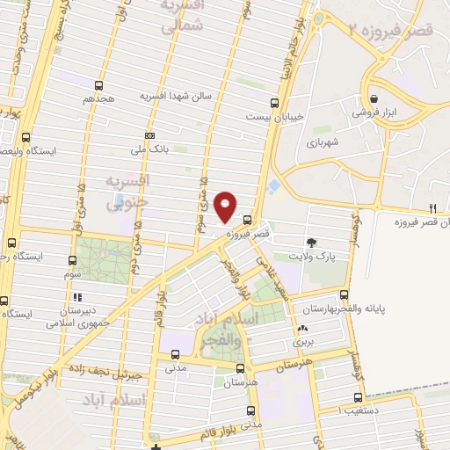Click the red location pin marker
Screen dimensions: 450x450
point(226,207)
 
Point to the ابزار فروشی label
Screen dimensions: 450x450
point(375,113)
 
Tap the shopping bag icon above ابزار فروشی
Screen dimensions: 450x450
point(375,98)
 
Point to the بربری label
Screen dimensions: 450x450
point(302,338)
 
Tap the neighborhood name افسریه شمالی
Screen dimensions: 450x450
point(183,17)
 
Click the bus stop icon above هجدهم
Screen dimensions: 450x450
point(98,86)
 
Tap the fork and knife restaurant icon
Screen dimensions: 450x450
point(432,208)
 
